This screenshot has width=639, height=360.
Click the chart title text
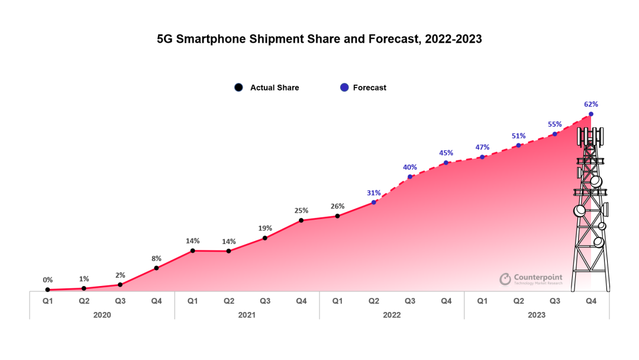point(319,40)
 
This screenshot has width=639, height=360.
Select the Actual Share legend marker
point(238,88)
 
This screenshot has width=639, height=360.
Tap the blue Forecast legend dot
point(344,88)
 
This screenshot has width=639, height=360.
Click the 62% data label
point(590,104)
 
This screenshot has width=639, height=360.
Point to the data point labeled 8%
point(156,268)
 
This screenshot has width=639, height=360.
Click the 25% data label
point(301,211)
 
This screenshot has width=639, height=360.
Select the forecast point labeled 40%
point(410,176)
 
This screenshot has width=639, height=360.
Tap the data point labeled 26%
point(337,216)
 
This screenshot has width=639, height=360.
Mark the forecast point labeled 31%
point(374,202)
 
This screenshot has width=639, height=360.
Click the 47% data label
point(482,147)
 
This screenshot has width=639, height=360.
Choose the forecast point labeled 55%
point(554,134)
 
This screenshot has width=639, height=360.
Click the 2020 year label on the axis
point(102,315)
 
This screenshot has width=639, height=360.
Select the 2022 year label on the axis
point(392,315)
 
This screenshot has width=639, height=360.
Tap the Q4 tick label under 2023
point(590,301)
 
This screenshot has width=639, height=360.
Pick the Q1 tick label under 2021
point(192,301)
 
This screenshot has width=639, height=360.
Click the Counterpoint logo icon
point(505,279)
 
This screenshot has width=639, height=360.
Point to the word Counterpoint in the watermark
point(538,277)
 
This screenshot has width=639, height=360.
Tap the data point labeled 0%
point(47,290)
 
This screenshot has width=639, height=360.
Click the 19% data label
point(265,229)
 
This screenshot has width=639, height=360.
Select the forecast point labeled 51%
point(518,145)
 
